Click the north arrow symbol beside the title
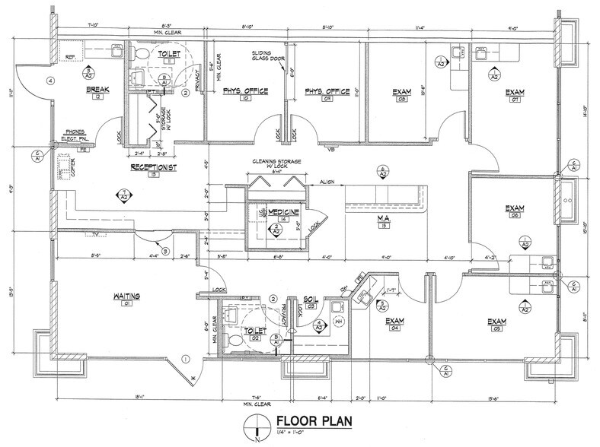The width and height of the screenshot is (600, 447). [x=258, y=427]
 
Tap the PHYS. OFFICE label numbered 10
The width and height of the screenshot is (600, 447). [x=245, y=91]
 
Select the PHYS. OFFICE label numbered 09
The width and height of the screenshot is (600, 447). [x=327, y=91]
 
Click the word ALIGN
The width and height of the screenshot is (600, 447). [x=328, y=182]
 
